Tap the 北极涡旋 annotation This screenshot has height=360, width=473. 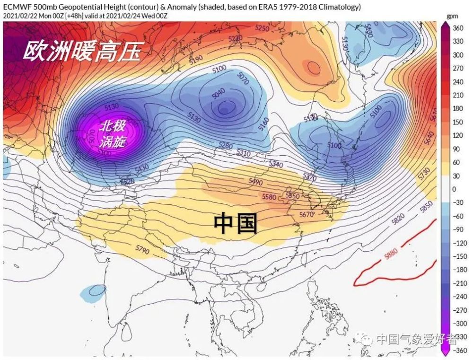click(x=112, y=133)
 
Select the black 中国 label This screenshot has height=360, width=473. click(x=235, y=224)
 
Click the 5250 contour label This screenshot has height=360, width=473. click(x=262, y=28)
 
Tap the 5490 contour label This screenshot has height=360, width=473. click(x=255, y=182)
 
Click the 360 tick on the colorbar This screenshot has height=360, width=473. click(x=458, y=28)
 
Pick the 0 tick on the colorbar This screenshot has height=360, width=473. click(x=454, y=189)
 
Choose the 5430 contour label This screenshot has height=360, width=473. click(x=142, y=167)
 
